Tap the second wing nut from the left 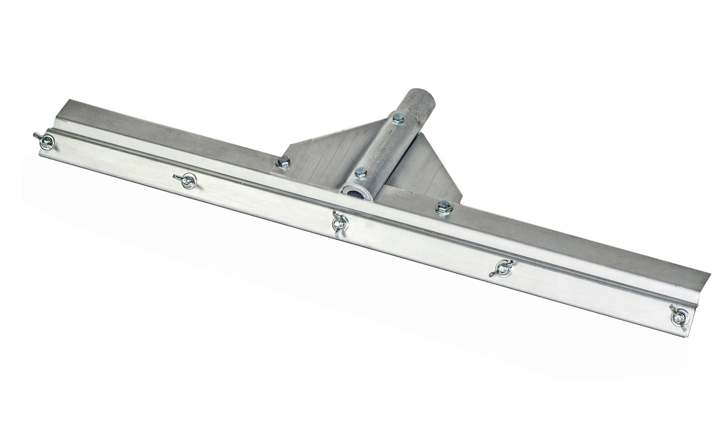(187, 179)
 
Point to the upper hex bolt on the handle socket (396, 118)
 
